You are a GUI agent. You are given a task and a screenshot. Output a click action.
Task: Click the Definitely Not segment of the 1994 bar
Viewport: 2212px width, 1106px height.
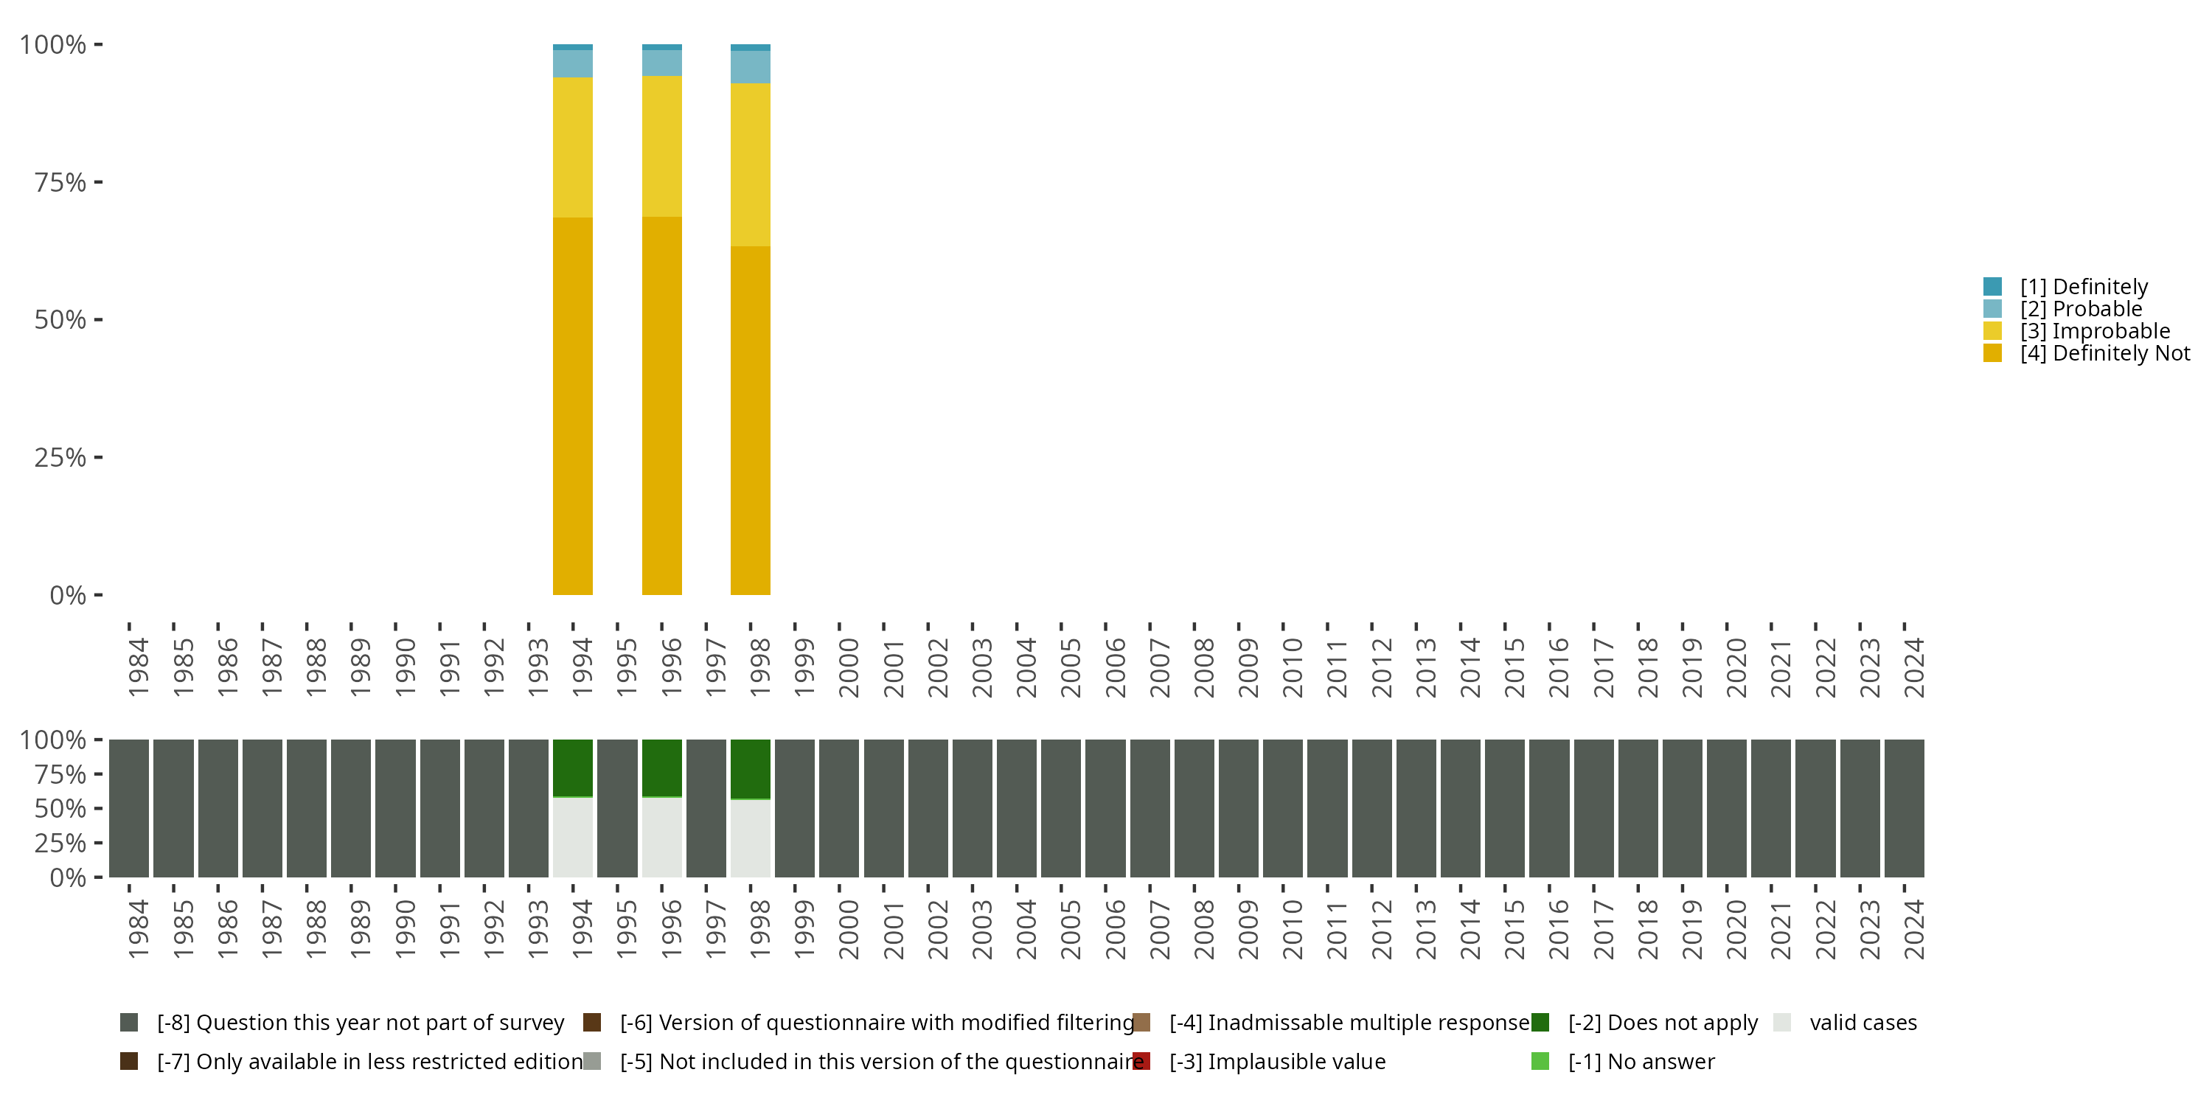click(573, 406)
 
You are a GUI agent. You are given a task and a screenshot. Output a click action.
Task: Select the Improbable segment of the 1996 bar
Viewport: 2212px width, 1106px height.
click(662, 146)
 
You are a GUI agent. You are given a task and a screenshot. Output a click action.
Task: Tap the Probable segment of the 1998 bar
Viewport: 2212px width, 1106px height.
click(751, 67)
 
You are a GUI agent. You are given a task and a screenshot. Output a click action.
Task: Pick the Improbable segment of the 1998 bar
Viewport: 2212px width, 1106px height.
click(751, 165)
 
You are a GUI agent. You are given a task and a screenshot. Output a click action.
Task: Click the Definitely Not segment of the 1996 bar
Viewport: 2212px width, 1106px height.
click(662, 406)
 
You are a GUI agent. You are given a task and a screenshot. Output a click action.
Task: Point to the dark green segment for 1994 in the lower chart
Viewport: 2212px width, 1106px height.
click(573, 768)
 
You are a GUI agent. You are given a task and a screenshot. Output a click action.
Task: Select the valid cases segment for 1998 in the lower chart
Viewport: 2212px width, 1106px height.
click(751, 838)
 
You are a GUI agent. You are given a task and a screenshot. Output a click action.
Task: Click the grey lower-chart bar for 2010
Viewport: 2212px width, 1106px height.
click(1283, 808)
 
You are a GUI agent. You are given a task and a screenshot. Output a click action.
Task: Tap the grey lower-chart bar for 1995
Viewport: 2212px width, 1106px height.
click(617, 808)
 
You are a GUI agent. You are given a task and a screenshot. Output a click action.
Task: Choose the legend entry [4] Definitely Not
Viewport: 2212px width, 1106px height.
click(2104, 353)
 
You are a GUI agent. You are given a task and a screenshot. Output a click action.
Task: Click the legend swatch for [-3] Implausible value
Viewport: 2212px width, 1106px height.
click(1141, 1061)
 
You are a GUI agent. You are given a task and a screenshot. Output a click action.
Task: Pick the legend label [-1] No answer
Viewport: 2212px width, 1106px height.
click(1641, 1061)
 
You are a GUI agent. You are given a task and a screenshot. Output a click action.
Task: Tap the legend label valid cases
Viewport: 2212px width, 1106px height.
click(1863, 1023)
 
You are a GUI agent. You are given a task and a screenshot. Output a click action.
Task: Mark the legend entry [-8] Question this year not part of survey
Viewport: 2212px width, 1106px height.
click(361, 1023)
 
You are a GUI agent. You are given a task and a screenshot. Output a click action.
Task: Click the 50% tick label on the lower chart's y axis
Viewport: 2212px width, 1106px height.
click(60, 808)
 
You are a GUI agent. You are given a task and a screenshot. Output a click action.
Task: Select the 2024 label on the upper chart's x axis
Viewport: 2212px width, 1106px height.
click(1914, 667)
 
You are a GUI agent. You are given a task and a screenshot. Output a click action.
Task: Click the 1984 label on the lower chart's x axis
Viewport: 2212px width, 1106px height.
click(139, 929)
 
